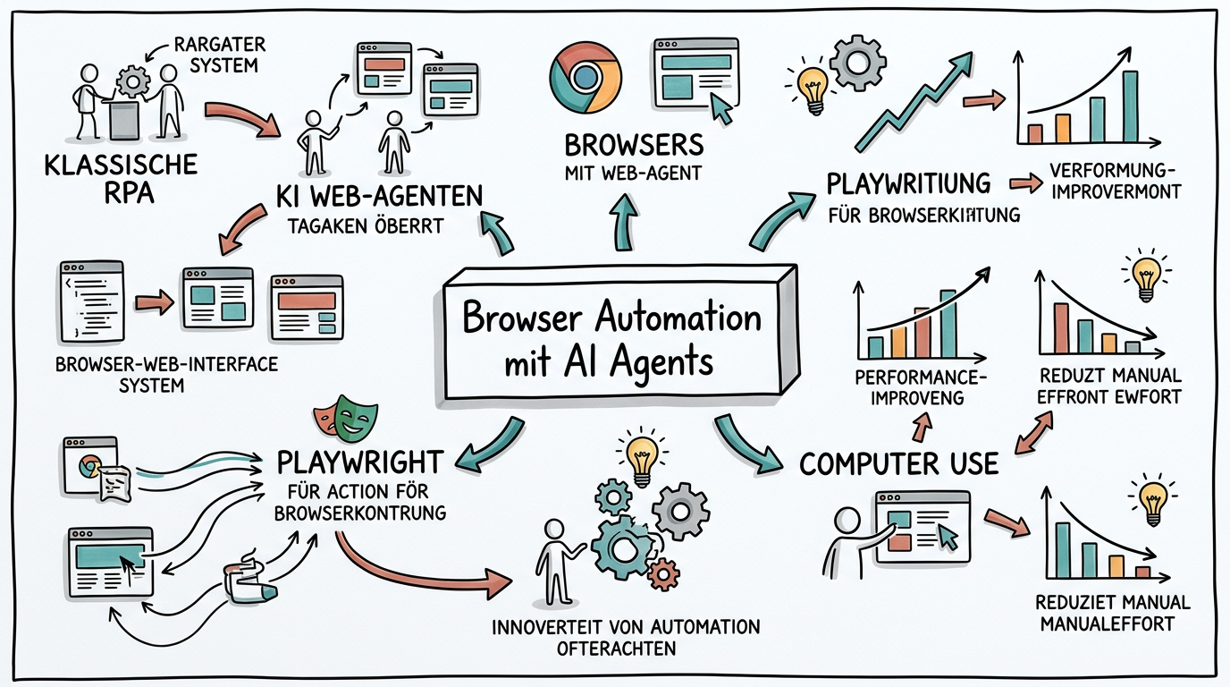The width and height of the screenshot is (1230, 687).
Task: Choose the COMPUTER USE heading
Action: (898, 463)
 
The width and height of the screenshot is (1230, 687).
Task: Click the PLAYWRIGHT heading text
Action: (359, 462)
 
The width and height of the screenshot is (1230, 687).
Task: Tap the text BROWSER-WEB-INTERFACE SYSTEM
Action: (166, 375)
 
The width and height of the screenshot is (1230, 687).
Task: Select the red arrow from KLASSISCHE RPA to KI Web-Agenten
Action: (240, 120)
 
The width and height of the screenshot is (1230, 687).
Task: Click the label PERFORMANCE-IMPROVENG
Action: (921, 386)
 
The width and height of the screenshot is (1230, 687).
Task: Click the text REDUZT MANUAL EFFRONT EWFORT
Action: (1110, 386)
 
